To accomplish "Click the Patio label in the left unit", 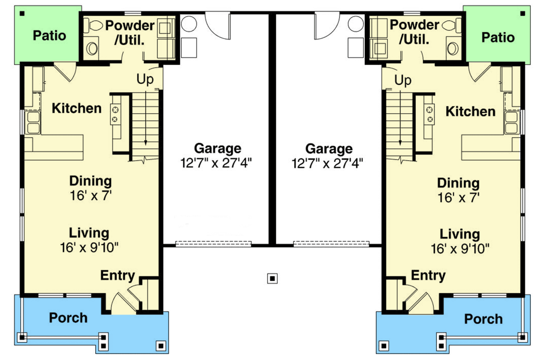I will point(50,35).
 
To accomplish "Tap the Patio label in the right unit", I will point(498,37).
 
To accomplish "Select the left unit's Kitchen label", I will point(76,109).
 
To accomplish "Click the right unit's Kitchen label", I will point(471,111).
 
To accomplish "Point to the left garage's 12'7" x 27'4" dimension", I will point(217,163).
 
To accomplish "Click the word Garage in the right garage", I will point(329,149).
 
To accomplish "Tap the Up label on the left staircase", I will point(145,79).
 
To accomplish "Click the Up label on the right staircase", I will point(403,81).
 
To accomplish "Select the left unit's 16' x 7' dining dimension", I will point(90,195).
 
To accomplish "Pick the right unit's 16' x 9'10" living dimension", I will point(460,249).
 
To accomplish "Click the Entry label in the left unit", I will point(118,276).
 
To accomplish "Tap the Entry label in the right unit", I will point(428,276).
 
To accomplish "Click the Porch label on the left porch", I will point(68,318).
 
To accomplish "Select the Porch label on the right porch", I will point(483,319).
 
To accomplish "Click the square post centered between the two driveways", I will point(273,278).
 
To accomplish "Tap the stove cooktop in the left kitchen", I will point(115,115).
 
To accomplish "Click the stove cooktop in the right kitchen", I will point(430,115).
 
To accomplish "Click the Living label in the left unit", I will point(89,232).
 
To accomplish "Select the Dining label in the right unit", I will point(458,183).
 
